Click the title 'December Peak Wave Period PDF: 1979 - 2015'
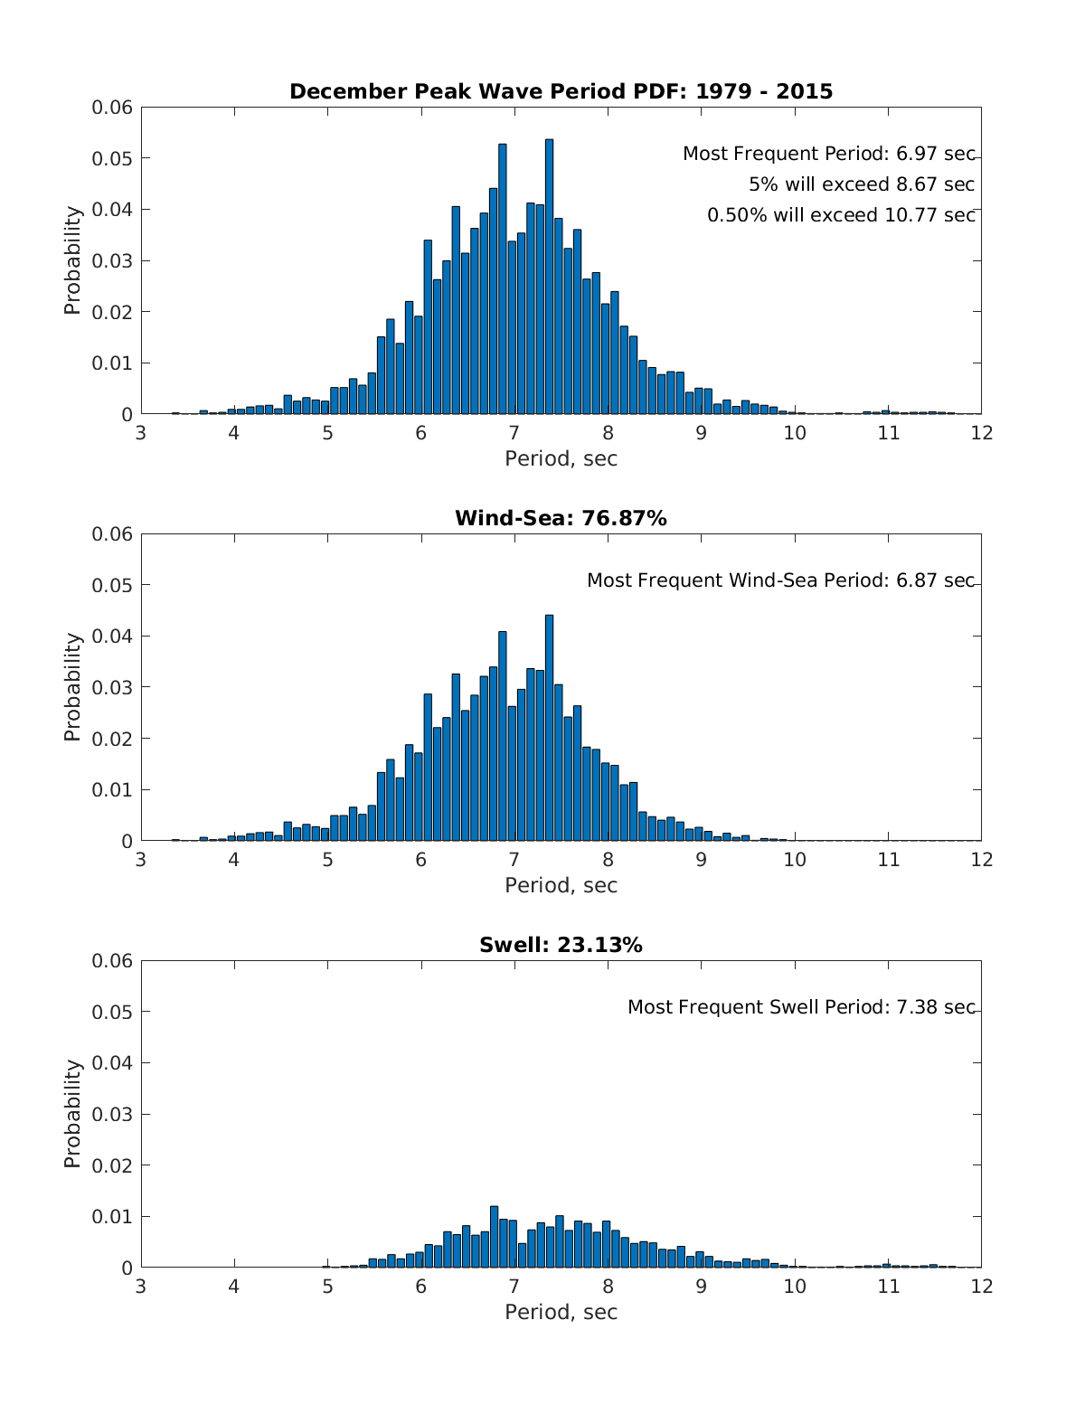click(561, 91)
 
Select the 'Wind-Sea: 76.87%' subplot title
click(561, 518)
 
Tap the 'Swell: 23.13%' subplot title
click(561, 945)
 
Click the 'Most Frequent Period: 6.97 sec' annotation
click(828, 154)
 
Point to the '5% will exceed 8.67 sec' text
click(861, 184)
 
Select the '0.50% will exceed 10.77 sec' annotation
click(841, 215)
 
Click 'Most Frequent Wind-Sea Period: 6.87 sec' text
click(780, 580)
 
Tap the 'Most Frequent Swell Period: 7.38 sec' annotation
click(801, 1007)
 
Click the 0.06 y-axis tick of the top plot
click(112, 108)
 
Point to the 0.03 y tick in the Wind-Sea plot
click(112, 687)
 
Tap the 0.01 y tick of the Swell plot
click(112, 1216)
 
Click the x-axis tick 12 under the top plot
click(981, 433)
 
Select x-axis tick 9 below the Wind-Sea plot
click(702, 860)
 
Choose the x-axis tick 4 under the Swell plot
click(234, 1287)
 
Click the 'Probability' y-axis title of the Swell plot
click(72, 1114)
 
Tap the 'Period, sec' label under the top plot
click(561, 458)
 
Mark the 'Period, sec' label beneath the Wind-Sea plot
click(561, 885)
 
